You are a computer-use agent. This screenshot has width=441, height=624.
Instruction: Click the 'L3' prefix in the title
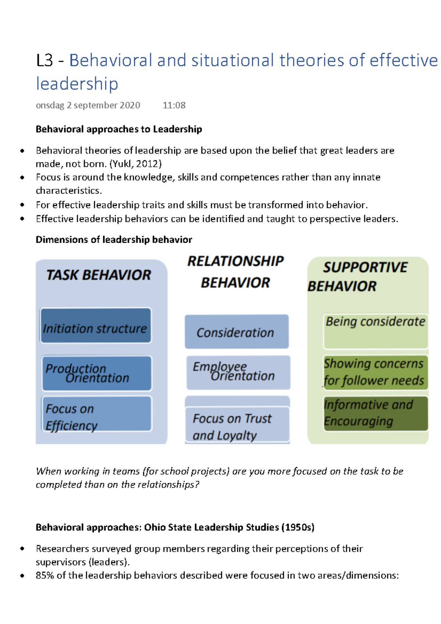pyautogui.click(x=44, y=61)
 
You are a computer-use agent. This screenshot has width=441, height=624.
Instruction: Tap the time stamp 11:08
pyautogui.click(x=174, y=105)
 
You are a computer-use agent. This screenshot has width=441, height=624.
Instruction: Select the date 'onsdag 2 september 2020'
pyautogui.click(x=88, y=105)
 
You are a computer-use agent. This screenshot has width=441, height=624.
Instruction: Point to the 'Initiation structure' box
pyautogui.click(x=96, y=326)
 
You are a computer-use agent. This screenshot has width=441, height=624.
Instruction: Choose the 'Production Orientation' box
pyautogui.click(x=97, y=373)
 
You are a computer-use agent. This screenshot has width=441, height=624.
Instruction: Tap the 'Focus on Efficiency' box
pyautogui.click(x=97, y=414)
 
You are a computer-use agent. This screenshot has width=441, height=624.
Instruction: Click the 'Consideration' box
pyautogui.click(x=236, y=332)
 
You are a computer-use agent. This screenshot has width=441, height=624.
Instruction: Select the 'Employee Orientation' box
pyautogui.click(x=238, y=372)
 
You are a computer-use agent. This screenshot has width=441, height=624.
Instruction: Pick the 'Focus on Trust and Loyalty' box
pyautogui.click(x=237, y=424)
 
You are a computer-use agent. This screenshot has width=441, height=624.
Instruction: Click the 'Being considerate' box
pyautogui.click(x=375, y=331)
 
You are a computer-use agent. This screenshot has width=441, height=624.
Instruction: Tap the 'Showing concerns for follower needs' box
pyautogui.click(x=375, y=372)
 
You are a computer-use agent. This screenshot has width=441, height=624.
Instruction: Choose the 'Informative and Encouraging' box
pyautogui.click(x=375, y=413)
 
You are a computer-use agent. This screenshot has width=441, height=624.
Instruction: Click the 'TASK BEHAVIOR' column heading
pyautogui.click(x=98, y=275)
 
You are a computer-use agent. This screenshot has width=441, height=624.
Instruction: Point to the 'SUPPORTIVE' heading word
pyautogui.click(x=365, y=267)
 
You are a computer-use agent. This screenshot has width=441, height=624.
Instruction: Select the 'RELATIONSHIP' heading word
pyautogui.click(x=236, y=261)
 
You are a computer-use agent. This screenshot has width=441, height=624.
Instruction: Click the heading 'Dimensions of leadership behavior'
pyautogui.click(x=114, y=240)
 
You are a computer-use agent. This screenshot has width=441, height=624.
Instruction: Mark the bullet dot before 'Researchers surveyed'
pyautogui.click(x=22, y=549)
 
